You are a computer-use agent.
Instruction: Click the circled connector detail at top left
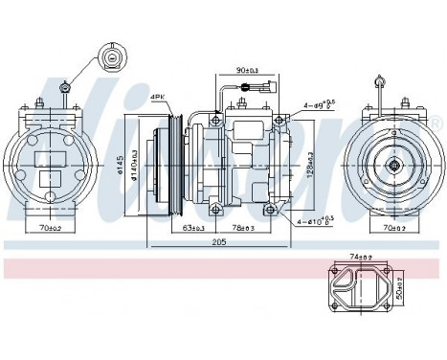pyautogui.click(x=113, y=58)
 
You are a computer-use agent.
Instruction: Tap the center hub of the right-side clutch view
pyautogui.click(x=392, y=165)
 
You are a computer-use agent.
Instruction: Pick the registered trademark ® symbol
pyautogui.click(x=436, y=125)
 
